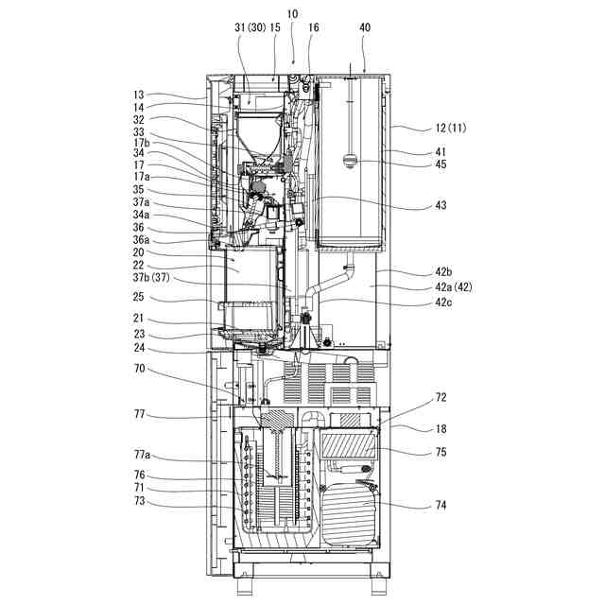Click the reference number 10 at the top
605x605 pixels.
292,14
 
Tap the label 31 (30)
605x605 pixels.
250,27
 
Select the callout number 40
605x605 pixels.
365,27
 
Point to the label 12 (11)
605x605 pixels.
451,129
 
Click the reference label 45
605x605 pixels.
441,164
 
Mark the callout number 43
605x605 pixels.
441,205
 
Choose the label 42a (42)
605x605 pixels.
454,287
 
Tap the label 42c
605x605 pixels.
443,302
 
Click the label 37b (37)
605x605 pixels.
151,277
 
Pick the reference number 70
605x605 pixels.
139,369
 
